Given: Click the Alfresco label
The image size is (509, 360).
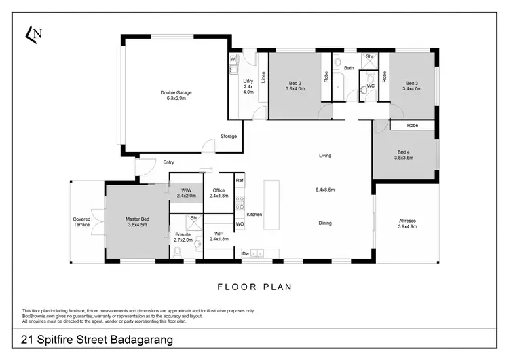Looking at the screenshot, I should tap(405, 222).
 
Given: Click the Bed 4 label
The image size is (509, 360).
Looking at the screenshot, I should tap(404, 155).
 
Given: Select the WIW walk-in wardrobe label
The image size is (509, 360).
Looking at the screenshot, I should tap(186, 192).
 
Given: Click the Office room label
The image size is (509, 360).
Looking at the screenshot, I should tap(219, 192).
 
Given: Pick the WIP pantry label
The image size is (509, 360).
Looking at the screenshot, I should tap(219, 236).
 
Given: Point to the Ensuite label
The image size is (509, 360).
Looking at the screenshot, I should tap(183, 237).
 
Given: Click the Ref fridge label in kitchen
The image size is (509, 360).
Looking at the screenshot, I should tap(240, 181).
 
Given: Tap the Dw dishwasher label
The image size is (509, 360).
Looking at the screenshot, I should tap(245, 255).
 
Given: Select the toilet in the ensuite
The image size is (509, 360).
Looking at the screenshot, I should tap(177, 253).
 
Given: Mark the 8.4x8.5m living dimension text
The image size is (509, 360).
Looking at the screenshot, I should tap(325, 190).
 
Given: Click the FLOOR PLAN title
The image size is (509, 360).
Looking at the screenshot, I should tap(254, 287).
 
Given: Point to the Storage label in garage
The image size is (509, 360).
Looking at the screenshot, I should tap(229, 137).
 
